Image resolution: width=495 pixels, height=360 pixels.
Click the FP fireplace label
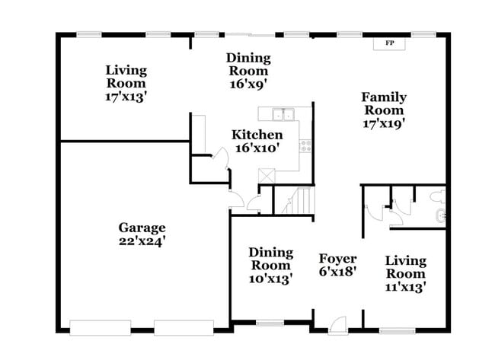(x=390, y=43)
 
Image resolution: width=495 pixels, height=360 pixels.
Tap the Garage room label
(x=142, y=228)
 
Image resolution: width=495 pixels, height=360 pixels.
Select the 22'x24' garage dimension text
(x=142, y=241)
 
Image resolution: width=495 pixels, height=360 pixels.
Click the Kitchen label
(x=257, y=135)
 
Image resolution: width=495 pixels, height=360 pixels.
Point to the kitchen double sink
(x=283, y=114)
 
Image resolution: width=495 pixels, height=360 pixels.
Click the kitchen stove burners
(x=305, y=146)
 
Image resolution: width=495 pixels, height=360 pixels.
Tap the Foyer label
(x=338, y=259)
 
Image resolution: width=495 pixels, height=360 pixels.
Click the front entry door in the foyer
(x=338, y=325)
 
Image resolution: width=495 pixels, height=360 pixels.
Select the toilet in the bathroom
(x=438, y=196)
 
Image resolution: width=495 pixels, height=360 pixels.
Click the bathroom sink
(x=441, y=216)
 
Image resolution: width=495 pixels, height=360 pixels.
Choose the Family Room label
(x=384, y=104)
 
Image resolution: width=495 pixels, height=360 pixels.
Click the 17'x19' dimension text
(x=384, y=123)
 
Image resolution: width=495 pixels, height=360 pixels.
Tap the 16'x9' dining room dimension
(x=248, y=84)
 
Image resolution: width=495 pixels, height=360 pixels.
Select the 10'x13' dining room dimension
(x=270, y=279)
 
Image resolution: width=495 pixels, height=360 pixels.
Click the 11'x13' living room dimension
(x=406, y=287)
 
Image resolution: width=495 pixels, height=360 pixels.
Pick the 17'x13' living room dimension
(x=126, y=97)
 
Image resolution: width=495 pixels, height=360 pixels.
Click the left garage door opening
(x=100, y=328)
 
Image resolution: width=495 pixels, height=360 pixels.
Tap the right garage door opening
(x=184, y=328)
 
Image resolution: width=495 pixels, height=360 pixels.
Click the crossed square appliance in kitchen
(x=267, y=176)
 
